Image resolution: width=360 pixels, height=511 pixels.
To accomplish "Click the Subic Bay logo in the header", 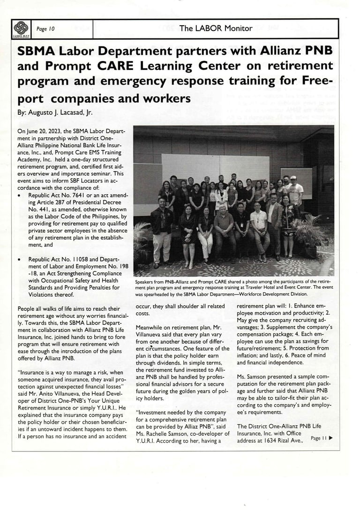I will click(21, 29).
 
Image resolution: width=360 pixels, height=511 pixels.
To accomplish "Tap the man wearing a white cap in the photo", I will click(293, 188).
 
